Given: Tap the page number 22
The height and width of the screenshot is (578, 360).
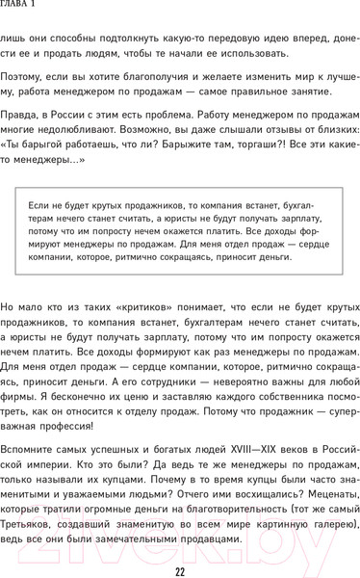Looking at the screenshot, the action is click(180, 569).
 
